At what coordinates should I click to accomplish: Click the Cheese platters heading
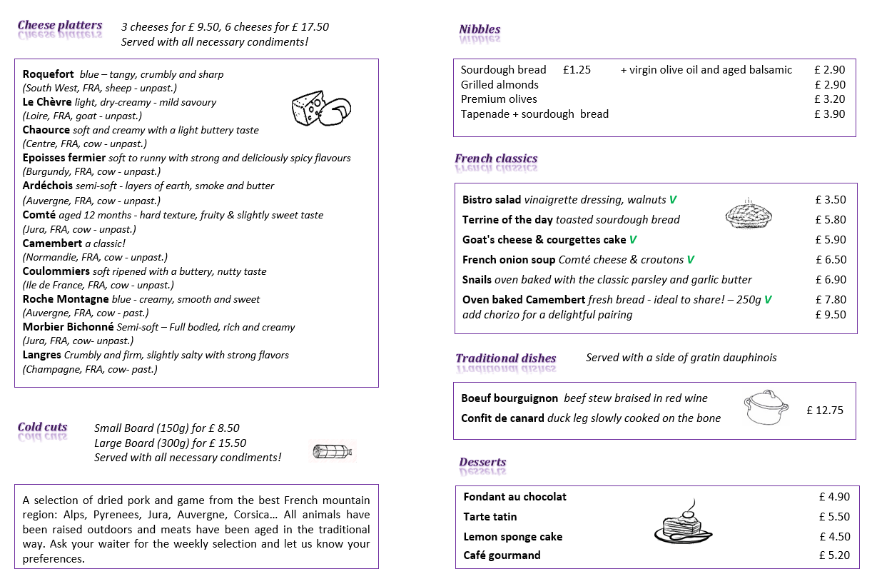pyautogui.click(x=60, y=26)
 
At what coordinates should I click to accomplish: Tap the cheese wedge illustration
pyautogui.click(x=320, y=109)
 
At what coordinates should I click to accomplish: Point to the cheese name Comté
pyautogui.click(x=39, y=215)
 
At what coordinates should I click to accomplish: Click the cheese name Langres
pyautogui.click(x=42, y=355)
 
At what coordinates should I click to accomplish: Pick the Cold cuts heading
pyautogui.click(x=43, y=428)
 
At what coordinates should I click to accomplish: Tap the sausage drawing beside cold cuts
pyautogui.click(x=333, y=451)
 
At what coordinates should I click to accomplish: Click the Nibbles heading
pyautogui.click(x=480, y=29)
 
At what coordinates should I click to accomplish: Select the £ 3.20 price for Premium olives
pyautogui.click(x=829, y=99)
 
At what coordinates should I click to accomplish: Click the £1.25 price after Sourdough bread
pyautogui.click(x=577, y=70)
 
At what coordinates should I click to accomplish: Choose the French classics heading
pyautogui.click(x=496, y=158)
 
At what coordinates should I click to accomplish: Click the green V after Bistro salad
pyautogui.click(x=673, y=200)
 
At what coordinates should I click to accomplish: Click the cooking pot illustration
pyautogui.click(x=764, y=408)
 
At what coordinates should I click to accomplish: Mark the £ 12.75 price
pyautogui.click(x=825, y=410)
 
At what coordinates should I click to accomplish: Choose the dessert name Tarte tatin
pyautogui.click(x=490, y=517)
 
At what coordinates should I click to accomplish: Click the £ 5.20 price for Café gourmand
pyautogui.click(x=834, y=555)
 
